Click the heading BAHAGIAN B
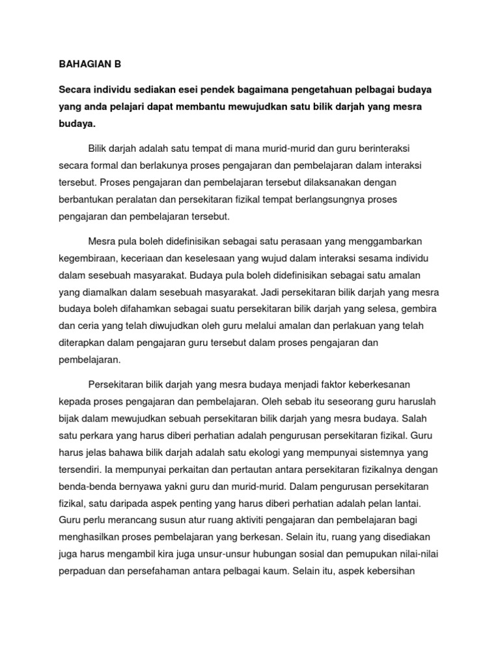tap(90, 64)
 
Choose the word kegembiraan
tap(86, 257)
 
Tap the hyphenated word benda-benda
tap(87, 486)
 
